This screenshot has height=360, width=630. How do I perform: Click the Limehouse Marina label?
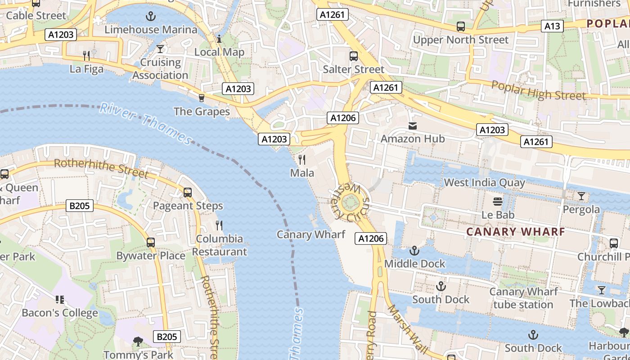pyautogui.click(x=151, y=30)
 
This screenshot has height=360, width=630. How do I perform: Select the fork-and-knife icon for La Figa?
pyautogui.click(x=87, y=56)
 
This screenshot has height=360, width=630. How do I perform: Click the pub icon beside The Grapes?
pyautogui.click(x=202, y=98)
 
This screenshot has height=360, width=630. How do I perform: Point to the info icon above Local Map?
pyautogui.click(x=219, y=39)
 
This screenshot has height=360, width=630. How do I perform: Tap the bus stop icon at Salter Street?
pyautogui.click(x=354, y=56)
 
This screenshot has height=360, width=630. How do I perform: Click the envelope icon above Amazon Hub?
pyautogui.click(x=413, y=126)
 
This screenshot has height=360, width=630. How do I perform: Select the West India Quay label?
pyautogui.click(x=484, y=183)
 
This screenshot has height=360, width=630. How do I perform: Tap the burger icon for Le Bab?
pyautogui.click(x=498, y=202)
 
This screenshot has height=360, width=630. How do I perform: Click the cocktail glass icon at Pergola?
pyautogui.click(x=581, y=196)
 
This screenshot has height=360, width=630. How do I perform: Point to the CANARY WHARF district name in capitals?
pyautogui.click(x=515, y=232)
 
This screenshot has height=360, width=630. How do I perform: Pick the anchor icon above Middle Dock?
pyautogui.click(x=414, y=251)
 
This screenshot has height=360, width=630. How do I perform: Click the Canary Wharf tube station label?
pyautogui.click(x=523, y=298)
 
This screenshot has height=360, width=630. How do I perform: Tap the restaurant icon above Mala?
pyautogui.click(x=302, y=160)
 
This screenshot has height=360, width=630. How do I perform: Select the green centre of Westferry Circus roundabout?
pyautogui.click(x=350, y=203)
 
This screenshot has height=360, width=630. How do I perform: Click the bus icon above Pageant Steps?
pyautogui.click(x=188, y=193)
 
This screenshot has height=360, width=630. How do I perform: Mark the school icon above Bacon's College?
pyautogui.click(x=59, y=300)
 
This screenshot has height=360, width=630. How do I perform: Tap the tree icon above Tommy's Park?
pyautogui.click(x=138, y=342)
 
